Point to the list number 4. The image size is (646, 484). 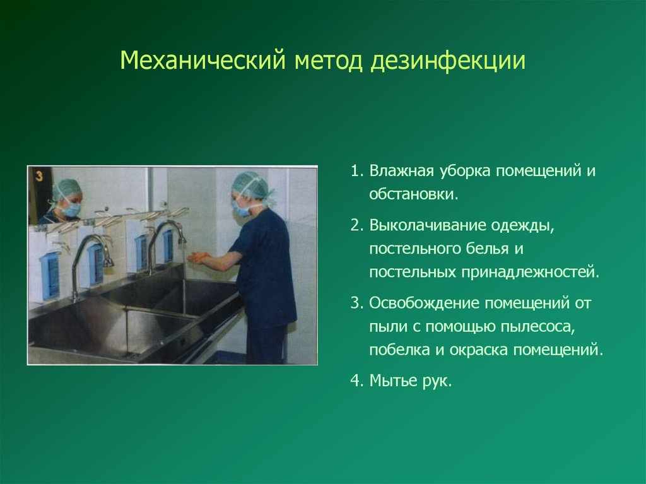click(355, 381)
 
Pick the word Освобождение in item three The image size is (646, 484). click(425, 304)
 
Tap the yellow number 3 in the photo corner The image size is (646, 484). click(38, 176)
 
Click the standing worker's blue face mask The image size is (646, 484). click(242, 208)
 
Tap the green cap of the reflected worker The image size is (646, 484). click(66, 188)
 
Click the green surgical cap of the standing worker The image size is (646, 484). click(250, 184)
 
